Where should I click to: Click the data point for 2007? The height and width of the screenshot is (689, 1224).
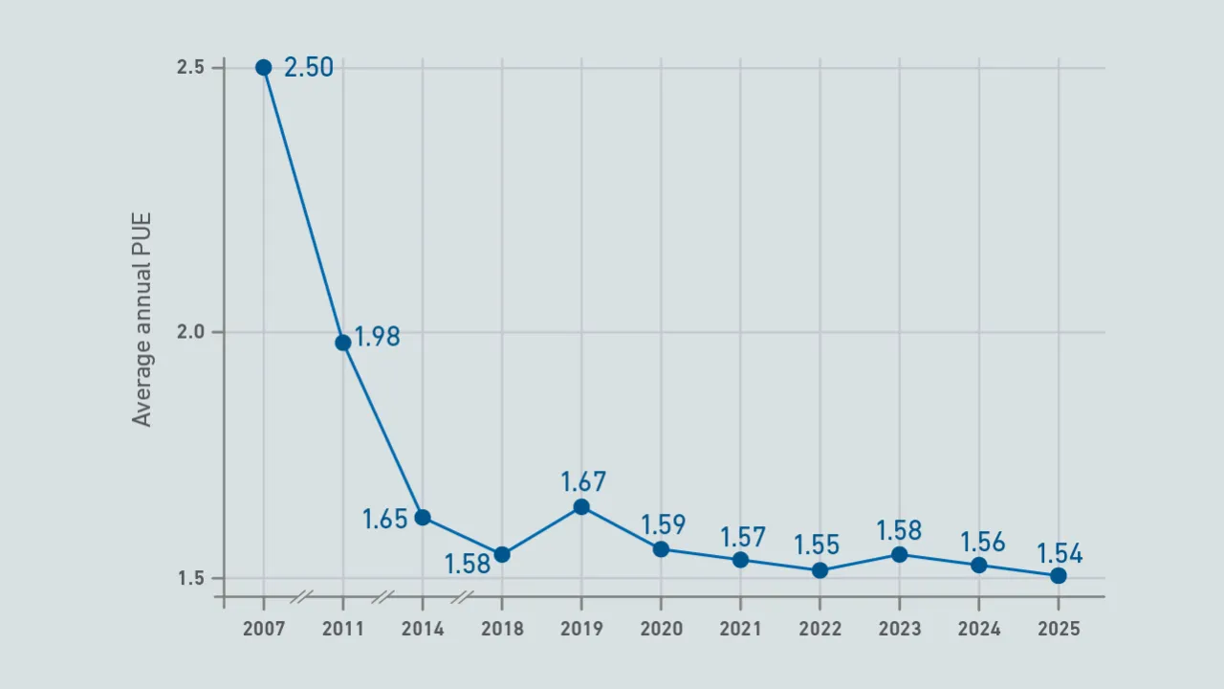[263, 67]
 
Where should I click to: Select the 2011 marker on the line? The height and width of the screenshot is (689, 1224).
[342, 343]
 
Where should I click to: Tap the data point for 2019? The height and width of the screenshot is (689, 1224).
[581, 507]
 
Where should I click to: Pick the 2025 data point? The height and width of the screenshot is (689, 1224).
[1059, 576]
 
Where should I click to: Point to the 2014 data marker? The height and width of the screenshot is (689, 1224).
[423, 518]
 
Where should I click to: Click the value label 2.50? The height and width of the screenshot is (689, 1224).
[309, 68]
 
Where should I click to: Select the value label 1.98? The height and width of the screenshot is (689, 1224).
[377, 337]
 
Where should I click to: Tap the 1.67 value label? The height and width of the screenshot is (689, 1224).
[583, 481]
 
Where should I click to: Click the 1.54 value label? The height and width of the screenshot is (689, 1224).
[1060, 554]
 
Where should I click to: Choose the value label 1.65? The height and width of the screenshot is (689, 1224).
[384, 520]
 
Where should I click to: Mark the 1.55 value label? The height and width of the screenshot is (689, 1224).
[817, 545]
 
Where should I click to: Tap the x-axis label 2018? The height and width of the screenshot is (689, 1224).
[502, 629]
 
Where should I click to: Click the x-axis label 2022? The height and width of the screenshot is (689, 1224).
[820, 629]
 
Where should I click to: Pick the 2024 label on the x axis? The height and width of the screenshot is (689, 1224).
[979, 629]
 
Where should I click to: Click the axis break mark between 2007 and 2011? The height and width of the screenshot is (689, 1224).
[302, 598]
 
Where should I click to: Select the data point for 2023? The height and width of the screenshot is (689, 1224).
[899, 554]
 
